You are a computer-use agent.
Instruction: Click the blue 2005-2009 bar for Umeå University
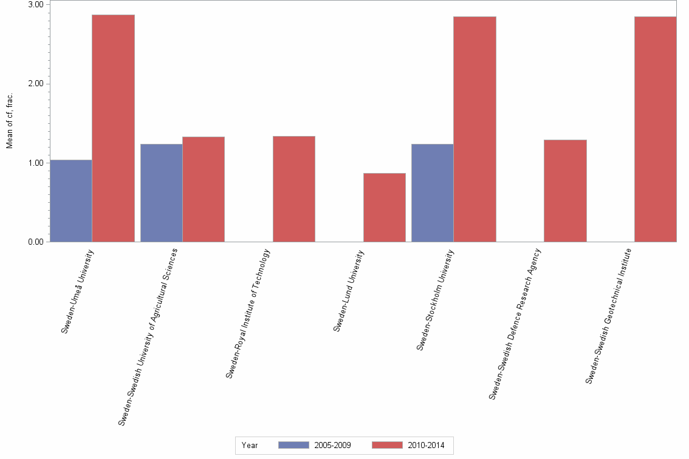click(x=71, y=201)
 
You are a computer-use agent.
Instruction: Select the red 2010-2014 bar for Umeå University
click(x=113, y=128)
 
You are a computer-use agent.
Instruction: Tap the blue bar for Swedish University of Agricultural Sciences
click(x=161, y=193)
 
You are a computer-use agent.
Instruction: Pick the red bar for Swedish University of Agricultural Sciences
click(x=204, y=189)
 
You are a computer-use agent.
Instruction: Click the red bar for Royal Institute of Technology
click(x=294, y=189)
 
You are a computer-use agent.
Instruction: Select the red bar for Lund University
click(x=384, y=208)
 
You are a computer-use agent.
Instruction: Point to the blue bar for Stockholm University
click(x=432, y=193)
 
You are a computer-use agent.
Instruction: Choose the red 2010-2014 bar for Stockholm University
click(x=475, y=129)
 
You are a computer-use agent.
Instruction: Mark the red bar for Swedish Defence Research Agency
click(x=565, y=191)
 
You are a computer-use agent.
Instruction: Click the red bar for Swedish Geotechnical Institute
click(x=655, y=129)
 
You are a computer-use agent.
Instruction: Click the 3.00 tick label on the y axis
click(x=36, y=5)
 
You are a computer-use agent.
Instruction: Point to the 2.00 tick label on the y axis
click(x=36, y=84)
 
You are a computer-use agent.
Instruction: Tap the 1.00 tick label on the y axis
click(x=36, y=163)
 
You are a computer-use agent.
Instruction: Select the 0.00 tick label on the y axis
click(x=36, y=242)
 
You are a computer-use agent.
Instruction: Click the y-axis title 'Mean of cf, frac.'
click(x=10, y=121)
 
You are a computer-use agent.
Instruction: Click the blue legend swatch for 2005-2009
click(x=293, y=445)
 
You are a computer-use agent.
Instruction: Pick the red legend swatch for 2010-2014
click(x=386, y=445)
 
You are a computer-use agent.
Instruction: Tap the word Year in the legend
click(x=250, y=445)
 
